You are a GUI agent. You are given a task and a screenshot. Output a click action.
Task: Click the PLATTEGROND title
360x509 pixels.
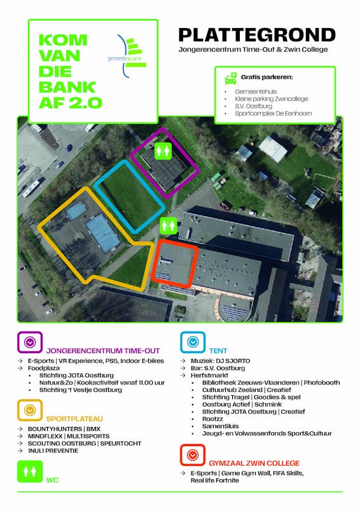pos(257,35)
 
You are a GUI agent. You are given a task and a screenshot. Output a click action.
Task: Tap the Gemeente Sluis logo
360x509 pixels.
pos(127,56)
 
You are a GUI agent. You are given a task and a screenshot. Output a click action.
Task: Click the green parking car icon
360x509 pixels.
pos(230,78)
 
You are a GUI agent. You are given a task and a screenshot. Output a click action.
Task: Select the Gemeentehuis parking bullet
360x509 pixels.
pos(256,92)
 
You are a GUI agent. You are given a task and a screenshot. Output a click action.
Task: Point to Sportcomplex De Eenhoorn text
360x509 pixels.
pos(273,113)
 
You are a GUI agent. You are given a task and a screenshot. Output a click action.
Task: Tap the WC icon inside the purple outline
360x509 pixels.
pos(163,151)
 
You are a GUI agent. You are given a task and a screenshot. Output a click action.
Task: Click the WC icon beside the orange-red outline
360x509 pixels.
pos(168,226)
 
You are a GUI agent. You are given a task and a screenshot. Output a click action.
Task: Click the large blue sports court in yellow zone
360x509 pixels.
pos(102,233)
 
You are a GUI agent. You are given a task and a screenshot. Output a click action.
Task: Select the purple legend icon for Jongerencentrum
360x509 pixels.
pos(30,342)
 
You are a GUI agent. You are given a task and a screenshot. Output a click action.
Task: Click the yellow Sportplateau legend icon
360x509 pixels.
pos(30,410)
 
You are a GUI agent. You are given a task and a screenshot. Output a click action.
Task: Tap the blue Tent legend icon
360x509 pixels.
pos(193,342)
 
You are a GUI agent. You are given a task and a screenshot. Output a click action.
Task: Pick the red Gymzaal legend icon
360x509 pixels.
pos(193,455)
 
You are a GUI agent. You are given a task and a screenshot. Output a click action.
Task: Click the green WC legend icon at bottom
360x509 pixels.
pos(30,471)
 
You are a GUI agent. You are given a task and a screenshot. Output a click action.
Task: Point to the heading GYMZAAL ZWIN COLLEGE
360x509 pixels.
pos(254,463)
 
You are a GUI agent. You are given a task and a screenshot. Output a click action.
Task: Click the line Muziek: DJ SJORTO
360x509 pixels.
pos(221,361)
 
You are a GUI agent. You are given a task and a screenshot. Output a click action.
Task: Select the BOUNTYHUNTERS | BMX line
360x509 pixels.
pos(64,429)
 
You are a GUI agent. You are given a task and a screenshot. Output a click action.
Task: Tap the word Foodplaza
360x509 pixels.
pos(44,368)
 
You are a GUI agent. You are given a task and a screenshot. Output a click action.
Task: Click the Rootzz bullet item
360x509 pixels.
pos(212,419)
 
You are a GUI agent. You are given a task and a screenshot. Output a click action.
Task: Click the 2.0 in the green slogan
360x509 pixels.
pos(85,103)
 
